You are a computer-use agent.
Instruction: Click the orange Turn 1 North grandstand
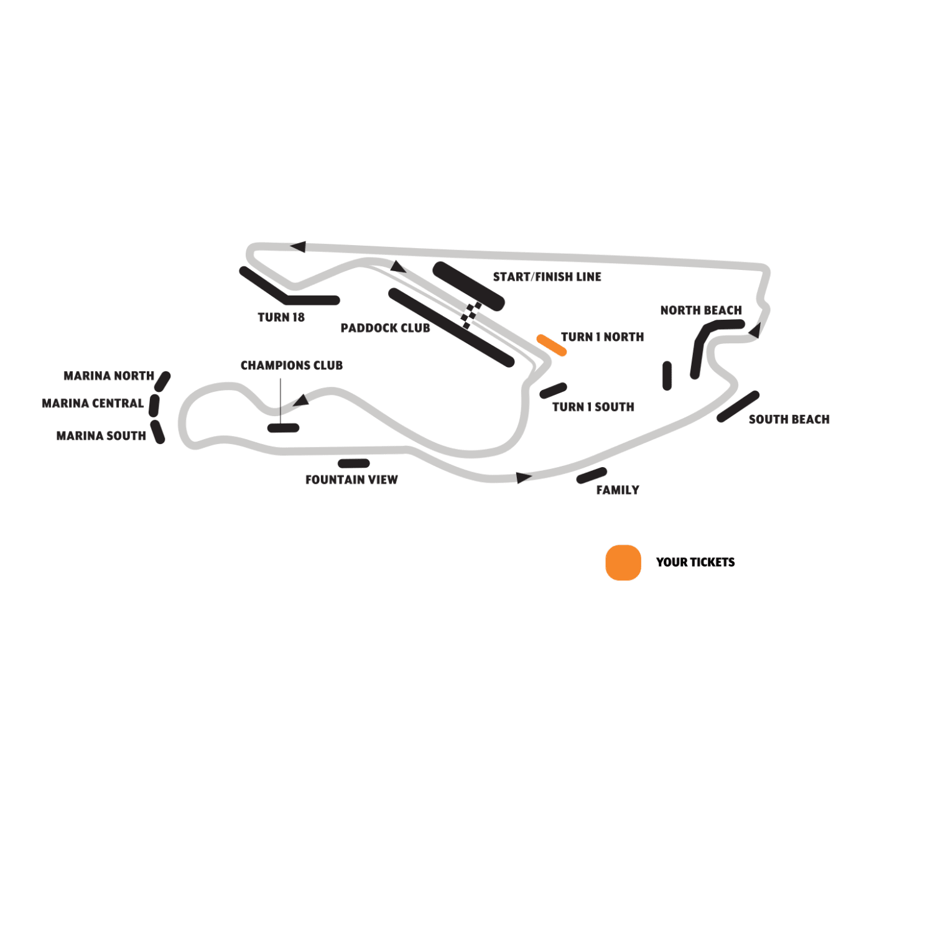click(552, 345)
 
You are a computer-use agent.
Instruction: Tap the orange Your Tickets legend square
click(623, 562)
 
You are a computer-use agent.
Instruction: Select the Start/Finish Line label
click(547, 277)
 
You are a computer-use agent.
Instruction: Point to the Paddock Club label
click(385, 328)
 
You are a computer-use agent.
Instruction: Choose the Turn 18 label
click(281, 317)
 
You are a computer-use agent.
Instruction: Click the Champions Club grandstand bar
click(284, 428)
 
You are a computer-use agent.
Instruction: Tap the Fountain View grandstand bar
click(354, 463)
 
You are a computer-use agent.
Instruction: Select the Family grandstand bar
click(592, 476)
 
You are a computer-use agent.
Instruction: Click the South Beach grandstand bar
click(738, 407)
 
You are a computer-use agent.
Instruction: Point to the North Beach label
click(701, 310)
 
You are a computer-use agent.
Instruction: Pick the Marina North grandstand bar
click(163, 381)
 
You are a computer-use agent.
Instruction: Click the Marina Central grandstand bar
click(154, 406)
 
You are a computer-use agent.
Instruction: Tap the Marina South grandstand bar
click(158, 432)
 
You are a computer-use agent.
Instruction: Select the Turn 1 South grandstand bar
click(553, 391)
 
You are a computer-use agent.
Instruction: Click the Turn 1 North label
click(602, 337)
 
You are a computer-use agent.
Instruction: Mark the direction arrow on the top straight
click(298, 247)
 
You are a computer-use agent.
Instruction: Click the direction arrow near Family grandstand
click(524, 478)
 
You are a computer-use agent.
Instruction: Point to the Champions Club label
click(292, 366)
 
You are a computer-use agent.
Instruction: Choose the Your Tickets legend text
click(695, 562)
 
